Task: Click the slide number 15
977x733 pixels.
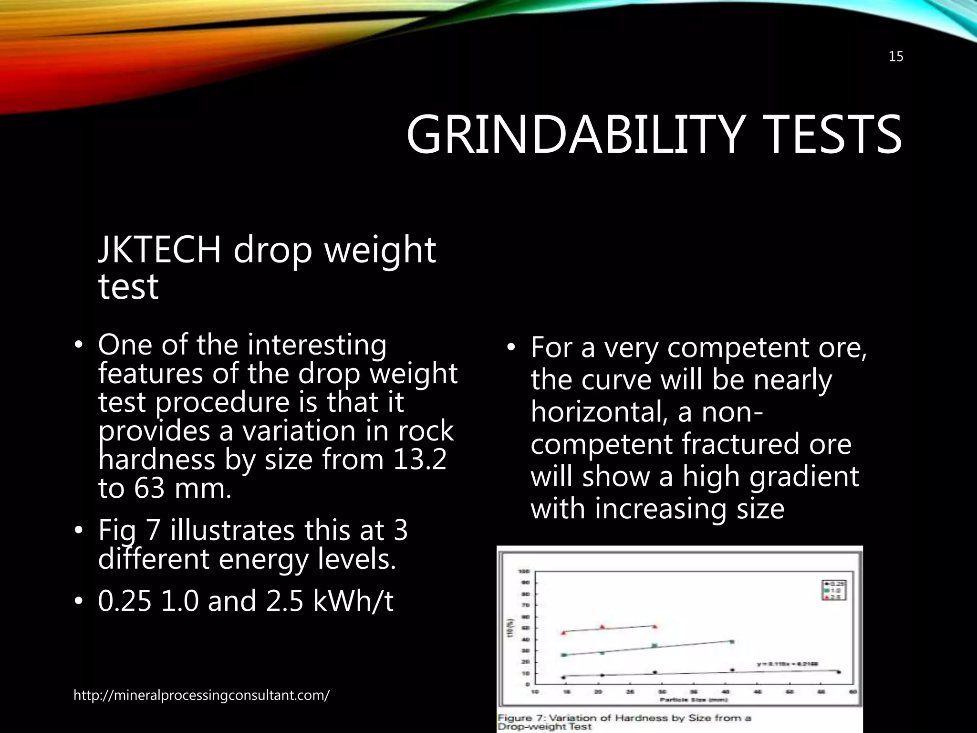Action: click(896, 57)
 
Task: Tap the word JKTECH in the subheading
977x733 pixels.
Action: click(159, 250)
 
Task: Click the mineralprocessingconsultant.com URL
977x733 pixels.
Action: click(201, 695)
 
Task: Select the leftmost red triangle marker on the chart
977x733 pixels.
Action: click(564, 632)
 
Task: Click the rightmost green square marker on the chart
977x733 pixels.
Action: click(731, 642)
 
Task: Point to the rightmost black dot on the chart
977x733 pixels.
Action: click(838, 672)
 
